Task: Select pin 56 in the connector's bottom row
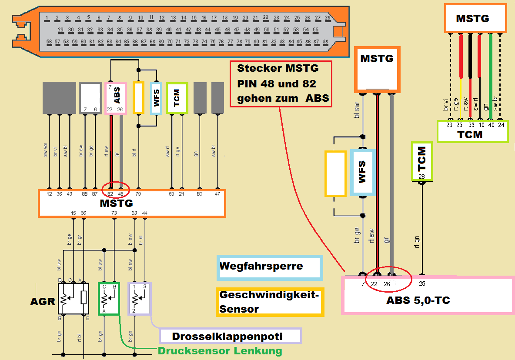tap(49, 42)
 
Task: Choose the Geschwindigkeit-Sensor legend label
tap(269, 302)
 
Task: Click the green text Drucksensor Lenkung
tap(220, 351)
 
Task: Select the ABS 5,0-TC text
tap(418, 300)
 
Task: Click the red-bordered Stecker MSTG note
tap(281, 83)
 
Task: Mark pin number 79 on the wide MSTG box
tap(138, 194)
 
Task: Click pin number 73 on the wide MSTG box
tap(114, 213)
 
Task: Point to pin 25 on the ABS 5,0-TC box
tap(422, 284)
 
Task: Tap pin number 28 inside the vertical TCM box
tap(421, 177)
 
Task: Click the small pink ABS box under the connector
tap(116, 98)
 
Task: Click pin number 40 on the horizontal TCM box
tap(491, 125)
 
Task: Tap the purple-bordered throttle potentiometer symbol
tap(139, 298)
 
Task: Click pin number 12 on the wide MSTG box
tap(49, 194)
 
